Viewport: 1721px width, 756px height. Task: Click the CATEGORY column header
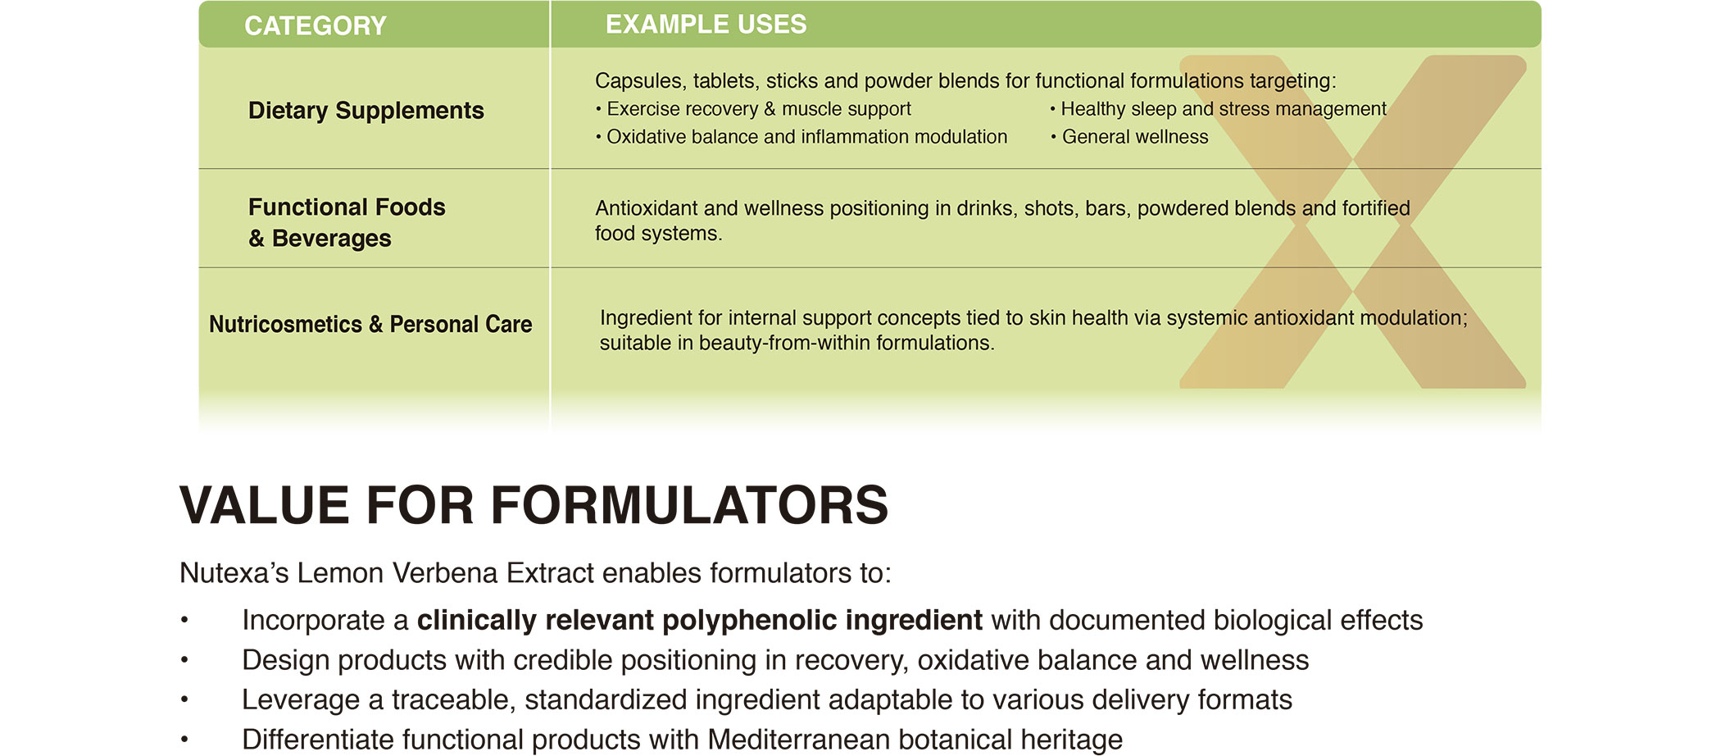tap(316, 26)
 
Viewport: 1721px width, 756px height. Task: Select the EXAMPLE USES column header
tap(706, 25)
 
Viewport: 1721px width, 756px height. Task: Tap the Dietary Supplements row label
tap(366, 111)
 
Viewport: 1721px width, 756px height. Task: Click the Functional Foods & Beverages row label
tap(347, 222)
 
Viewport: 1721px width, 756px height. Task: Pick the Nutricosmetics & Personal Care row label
tap(370, 325)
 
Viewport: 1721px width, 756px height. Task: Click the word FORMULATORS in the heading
tap(689, 505)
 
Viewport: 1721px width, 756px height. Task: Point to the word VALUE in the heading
tap(266, 505)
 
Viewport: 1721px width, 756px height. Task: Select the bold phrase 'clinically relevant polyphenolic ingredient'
tap(700, 621)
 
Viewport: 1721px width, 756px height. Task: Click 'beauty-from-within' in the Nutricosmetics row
tap(784, 343)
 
